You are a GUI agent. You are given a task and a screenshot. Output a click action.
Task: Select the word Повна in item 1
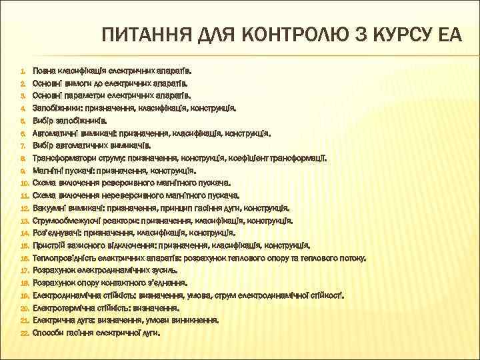[45, 70]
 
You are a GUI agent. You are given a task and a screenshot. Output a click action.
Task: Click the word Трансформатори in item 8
[67, 158]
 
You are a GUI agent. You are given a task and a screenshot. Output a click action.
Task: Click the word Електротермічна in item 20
[65, 308]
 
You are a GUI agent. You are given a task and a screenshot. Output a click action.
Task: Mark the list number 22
[21, 333]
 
